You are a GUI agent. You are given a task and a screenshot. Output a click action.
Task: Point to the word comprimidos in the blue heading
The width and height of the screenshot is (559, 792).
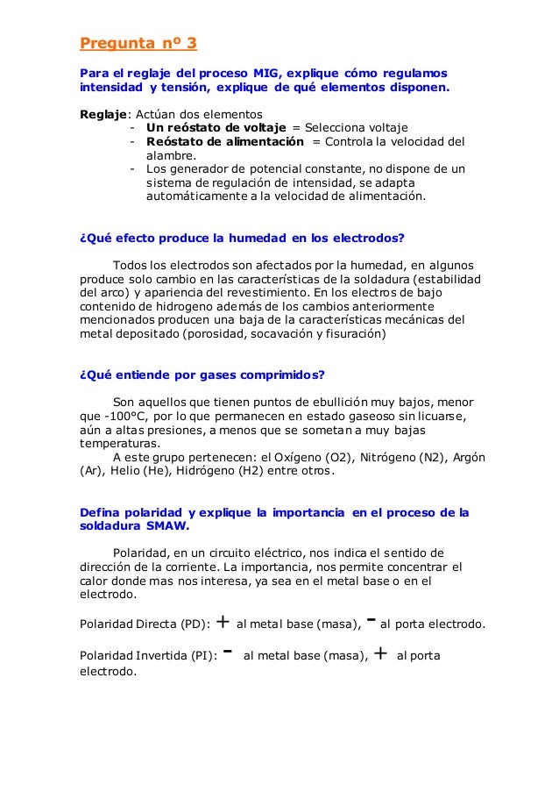pyautogui.click(x=278, y=375)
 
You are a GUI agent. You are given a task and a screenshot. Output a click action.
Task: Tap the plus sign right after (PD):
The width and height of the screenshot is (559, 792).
pyautogui.click(x=223, y=624)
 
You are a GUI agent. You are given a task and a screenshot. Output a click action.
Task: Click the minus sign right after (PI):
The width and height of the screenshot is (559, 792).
pyautogui.click(x=227, y=653)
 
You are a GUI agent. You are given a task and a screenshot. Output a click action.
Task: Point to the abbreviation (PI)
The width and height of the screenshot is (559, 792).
pyautogui.click(x=203, y=656)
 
